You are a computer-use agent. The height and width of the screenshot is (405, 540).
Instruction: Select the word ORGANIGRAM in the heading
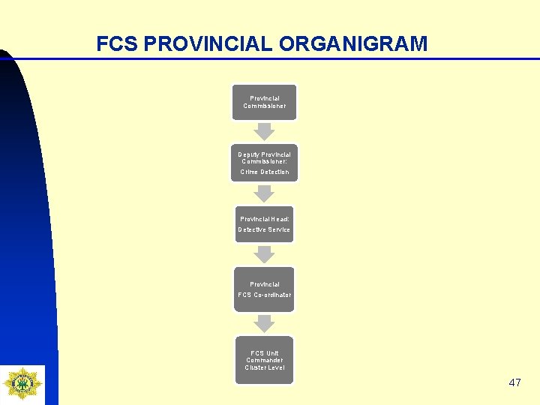352,44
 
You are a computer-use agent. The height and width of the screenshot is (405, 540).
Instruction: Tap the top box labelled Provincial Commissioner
264,102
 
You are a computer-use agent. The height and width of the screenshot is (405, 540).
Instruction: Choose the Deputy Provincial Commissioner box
264,163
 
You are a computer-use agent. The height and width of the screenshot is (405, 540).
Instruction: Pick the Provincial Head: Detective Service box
264,224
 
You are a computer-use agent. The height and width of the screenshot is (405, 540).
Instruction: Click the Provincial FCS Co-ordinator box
264,289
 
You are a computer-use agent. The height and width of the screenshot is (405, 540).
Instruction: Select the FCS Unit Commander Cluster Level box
264,360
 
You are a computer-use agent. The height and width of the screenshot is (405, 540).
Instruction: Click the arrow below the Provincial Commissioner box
264,131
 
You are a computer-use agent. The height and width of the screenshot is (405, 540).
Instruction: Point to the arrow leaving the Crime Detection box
264,193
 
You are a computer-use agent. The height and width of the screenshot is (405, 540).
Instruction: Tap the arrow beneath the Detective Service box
264,254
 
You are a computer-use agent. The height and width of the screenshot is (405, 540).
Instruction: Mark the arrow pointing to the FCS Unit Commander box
264,322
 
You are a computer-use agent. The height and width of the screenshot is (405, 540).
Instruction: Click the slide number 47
514,382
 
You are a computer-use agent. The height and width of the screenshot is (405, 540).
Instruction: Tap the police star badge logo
22,383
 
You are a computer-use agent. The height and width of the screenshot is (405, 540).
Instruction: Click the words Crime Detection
264,172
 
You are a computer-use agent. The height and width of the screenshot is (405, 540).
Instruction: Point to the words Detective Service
264,229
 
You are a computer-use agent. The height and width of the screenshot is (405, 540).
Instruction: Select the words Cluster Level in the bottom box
264,367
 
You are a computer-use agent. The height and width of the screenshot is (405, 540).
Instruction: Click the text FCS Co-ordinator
264,295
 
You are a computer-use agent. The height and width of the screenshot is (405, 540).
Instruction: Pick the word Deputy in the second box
249,154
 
